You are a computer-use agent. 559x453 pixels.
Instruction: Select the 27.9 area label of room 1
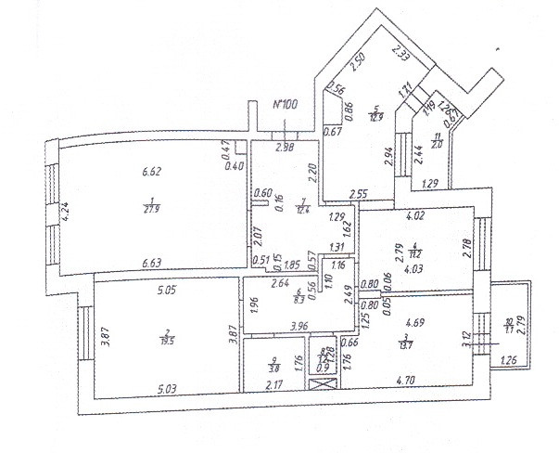pos(149,211)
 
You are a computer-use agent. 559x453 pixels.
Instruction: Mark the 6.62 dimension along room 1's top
pos(151,171)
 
